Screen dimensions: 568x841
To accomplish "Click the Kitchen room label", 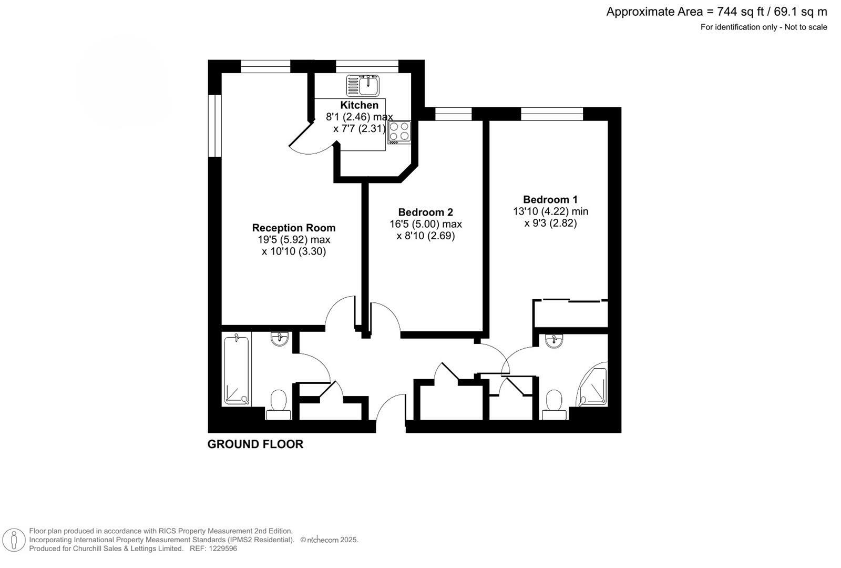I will (359, 105).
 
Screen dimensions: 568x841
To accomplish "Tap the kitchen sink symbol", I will (363, 86).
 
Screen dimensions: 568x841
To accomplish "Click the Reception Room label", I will (293, 228).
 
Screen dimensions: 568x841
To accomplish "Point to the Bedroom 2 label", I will (425, 212).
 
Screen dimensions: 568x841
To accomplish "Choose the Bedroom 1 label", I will (550, 200).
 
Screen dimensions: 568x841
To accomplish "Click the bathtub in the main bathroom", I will (237, 370).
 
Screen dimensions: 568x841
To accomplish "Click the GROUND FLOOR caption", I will (255, 444).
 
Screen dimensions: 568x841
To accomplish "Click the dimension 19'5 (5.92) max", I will (293, 240).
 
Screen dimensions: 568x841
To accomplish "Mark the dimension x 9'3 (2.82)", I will (550, 223).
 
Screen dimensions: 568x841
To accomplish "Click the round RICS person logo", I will (14, 540).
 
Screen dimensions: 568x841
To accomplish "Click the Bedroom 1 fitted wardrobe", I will (570, 313).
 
